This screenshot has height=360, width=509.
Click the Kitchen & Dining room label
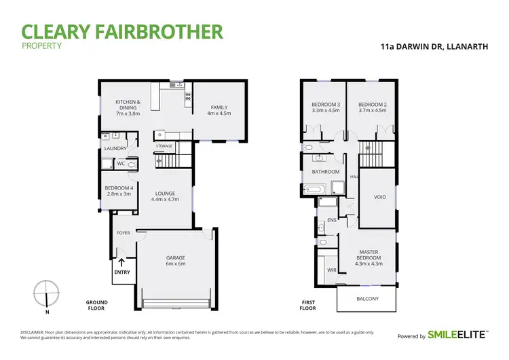click(x=128, y=107)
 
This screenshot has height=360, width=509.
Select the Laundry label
click(x=112, y=148)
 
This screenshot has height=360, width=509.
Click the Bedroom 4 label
click(x=118, y=191)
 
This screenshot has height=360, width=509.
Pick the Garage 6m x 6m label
click(x=176, y=261)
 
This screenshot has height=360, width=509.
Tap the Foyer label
click(x=124, y=233)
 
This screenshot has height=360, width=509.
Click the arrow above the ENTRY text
click(x=122, y=262)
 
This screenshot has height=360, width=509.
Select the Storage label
click(x=164, y=146)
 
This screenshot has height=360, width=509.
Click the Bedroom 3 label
click(x=325, y=107)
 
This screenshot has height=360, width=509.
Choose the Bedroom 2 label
click(x=372, y=107)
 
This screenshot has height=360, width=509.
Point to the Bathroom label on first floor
click(x=325, y=172)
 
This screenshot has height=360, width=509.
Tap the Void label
click(x=380, y=197)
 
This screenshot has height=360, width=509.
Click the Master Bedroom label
click(x=369, y=258)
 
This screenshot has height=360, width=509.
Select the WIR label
click(x=332, y=270)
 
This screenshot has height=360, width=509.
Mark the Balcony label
click(x=368, y=299)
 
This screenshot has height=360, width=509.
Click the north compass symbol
click(x=45, y=293)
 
